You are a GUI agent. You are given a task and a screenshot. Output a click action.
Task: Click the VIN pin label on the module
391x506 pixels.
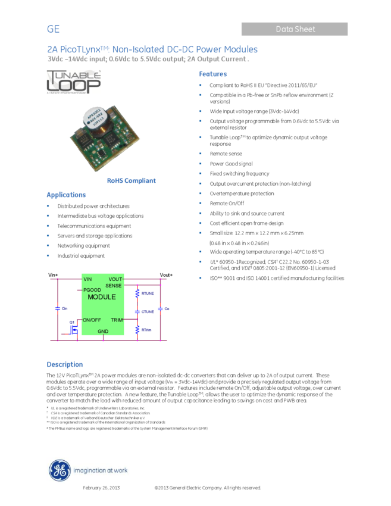(87, 279)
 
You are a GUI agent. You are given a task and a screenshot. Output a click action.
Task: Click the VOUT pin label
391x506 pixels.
(115, 279)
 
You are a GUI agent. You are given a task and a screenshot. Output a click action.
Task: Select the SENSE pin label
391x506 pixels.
(114, 286)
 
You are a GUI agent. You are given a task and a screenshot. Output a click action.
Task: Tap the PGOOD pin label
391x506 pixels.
(92, 290)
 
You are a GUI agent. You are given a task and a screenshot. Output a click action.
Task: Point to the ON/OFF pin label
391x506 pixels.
(92, 320)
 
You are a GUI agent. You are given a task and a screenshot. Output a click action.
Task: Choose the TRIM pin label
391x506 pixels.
(116, 320)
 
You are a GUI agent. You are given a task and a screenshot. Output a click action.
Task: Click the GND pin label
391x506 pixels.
(103, 331)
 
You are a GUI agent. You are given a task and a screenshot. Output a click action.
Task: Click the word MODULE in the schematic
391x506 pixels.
(102, 297)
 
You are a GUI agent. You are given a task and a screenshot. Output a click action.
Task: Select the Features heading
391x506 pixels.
(212, 74)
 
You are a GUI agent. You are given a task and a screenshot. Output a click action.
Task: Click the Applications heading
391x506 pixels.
(66, 195)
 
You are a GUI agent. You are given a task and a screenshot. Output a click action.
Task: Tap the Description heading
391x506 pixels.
(64, 364)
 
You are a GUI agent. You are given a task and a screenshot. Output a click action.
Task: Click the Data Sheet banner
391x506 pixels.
(295, 29)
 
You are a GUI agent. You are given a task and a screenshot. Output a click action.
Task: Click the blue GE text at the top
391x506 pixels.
(53, 29)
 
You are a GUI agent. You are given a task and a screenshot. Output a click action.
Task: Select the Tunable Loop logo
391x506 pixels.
(74, 82)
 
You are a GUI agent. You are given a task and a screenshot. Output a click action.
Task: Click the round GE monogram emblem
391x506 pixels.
(60, 471)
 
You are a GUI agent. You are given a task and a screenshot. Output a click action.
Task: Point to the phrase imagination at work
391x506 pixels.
(100, 470)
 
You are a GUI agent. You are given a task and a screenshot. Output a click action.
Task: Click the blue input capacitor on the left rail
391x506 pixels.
(58, 308)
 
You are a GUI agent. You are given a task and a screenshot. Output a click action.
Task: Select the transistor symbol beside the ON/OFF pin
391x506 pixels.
(73, 328)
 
